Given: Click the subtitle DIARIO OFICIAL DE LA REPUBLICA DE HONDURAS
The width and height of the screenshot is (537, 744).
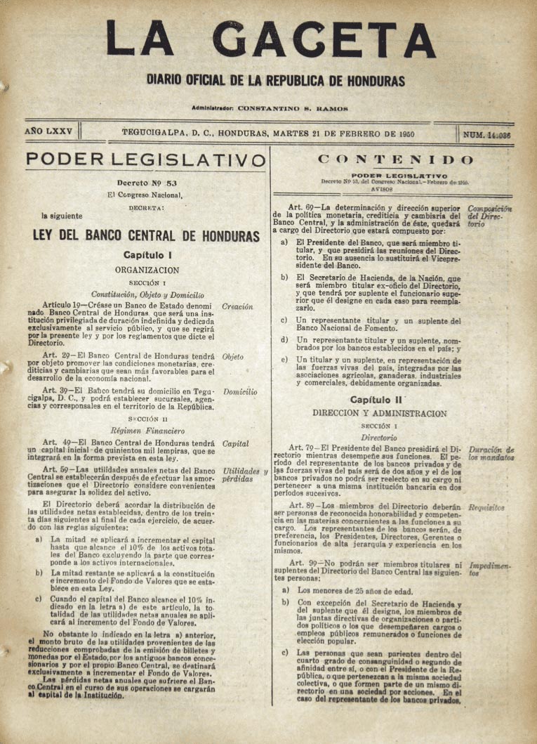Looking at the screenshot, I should click(x=276, y=81).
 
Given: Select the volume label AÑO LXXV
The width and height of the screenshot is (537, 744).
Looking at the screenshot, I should click(x=47, y=132).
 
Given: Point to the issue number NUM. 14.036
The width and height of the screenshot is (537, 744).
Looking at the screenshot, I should click(x=487, y=134).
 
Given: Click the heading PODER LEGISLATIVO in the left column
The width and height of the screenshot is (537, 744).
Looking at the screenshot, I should click(x=146, y=160).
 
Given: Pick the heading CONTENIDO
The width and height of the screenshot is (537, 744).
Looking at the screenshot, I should click(x=395, y=159).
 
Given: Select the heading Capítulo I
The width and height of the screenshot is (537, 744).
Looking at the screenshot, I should click(x=147, y=256).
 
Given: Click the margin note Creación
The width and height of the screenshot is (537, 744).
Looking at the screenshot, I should click(x=237, y=307).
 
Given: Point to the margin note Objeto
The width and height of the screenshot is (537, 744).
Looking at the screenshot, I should click(x=233, y=357).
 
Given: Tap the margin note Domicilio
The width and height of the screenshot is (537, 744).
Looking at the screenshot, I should click(x=239, y=391).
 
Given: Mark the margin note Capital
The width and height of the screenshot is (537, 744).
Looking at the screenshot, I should click(x=235, y=443).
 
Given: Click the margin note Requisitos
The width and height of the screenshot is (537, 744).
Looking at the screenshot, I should click(x=487, y=506).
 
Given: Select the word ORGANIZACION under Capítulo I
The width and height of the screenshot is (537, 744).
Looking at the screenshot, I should click(x=147, y=269).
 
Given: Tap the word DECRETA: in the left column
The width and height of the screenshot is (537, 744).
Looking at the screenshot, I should click(x=147, y=208).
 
